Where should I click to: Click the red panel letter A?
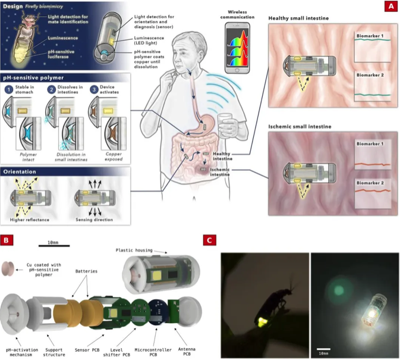(x=390, y=7)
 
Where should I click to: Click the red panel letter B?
(x=7, y=240)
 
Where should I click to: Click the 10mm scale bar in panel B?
(x=54, y=245)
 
